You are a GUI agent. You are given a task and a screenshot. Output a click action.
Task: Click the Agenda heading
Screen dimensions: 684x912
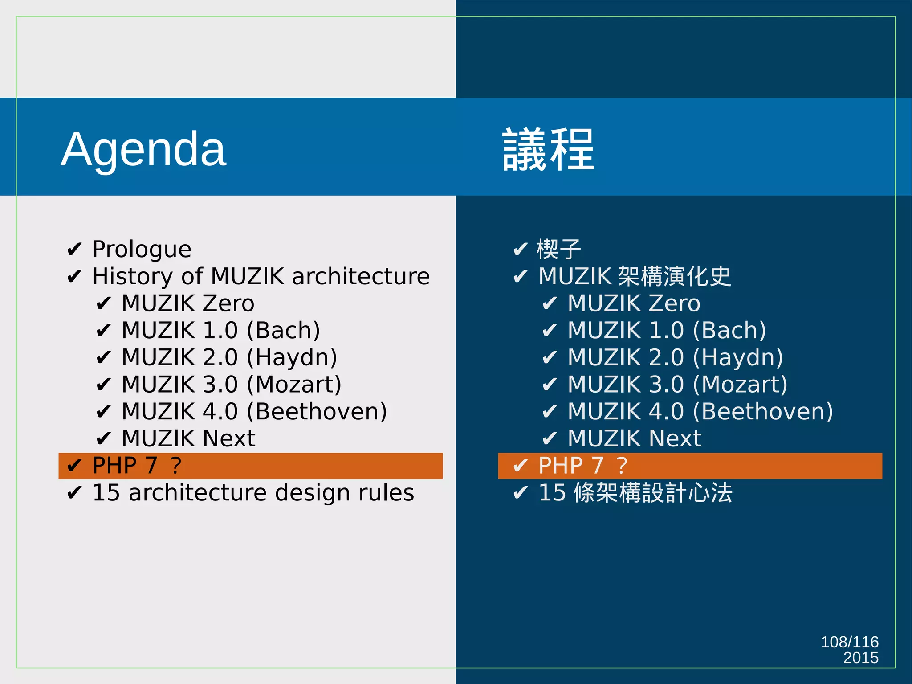143,149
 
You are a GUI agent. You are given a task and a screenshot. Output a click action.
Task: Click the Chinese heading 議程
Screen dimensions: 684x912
548,149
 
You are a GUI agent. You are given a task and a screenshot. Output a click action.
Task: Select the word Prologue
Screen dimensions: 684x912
142,249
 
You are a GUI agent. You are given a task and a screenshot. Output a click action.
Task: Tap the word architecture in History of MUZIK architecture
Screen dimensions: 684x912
361,276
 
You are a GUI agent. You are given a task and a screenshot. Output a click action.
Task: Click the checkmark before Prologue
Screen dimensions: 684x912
74,250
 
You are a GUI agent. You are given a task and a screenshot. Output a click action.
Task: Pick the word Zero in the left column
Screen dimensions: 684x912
228,303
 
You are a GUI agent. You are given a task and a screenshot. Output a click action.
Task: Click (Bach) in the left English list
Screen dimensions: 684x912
283,331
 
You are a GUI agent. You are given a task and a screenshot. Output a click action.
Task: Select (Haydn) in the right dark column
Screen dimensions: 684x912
738,358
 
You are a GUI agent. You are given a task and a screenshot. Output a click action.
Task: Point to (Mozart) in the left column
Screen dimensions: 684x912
294,385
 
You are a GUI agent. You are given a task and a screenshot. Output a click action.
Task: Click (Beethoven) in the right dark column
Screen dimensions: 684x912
763,412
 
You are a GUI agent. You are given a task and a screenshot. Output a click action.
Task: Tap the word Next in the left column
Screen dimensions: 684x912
229,438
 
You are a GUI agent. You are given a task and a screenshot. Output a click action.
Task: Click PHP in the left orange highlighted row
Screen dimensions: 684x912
114,466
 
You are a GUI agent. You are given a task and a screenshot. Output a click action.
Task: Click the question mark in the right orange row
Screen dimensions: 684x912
622,466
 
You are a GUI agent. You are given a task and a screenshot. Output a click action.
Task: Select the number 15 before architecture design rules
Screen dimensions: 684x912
106,493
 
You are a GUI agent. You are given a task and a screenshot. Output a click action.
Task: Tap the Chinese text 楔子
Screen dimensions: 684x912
559,249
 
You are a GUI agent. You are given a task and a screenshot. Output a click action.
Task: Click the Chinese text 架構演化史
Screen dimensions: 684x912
675,276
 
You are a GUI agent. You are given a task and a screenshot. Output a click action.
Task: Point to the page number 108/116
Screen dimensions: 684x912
849,642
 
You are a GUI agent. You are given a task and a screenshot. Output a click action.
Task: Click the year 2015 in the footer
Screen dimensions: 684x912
860,658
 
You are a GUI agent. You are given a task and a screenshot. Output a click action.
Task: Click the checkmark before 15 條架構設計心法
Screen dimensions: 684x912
521,493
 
